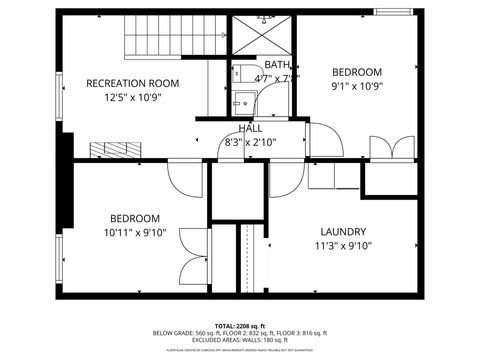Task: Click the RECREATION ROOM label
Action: pyautogui.click(x=132, y=83)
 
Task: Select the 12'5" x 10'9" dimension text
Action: pyautogui.click(x=132, y=98)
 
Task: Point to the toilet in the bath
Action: pyautogui.click(x=242, y=74)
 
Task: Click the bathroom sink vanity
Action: pyautogui.click(x=242, y=102)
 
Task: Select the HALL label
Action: pyautogui.click(x=251, y=129)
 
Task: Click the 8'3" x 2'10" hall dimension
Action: pyautogui.click(x=250, y=142)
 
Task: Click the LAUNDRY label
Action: pyautogui.click(x=343, y=231)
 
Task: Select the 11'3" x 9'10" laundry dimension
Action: pyautogui.click(x=343, y=246)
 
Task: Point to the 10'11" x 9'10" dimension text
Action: pyautogui.click(x=134, y=233)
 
